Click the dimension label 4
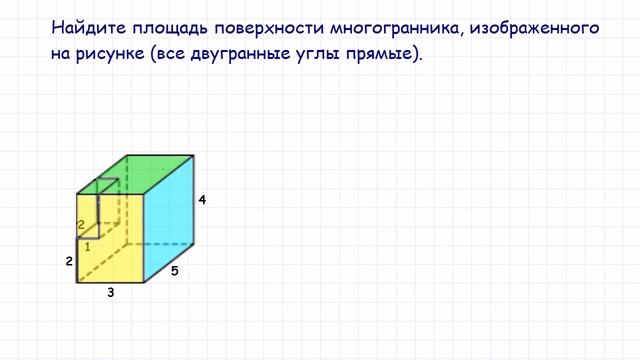[202, 200]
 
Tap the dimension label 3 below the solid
[110, 293]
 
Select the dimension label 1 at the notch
[88, 246]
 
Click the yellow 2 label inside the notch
[81, 225]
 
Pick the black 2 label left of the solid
[68, 262]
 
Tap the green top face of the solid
[150, 174]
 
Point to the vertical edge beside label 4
[194, 200]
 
